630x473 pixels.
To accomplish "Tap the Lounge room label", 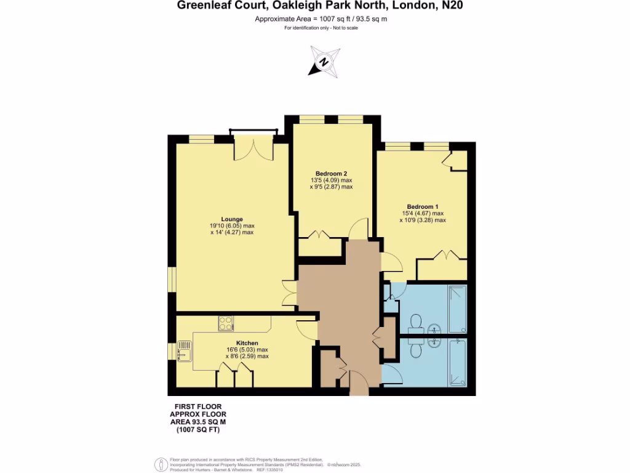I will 232,219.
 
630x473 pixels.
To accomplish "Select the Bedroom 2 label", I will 332,173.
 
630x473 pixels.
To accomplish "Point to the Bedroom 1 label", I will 422,206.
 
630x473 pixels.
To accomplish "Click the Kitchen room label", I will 247,343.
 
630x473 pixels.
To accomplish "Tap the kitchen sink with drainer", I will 183,351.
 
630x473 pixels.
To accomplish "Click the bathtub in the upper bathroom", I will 457,309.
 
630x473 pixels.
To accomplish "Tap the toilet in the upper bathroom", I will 415,321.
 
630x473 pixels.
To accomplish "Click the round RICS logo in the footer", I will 161,463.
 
